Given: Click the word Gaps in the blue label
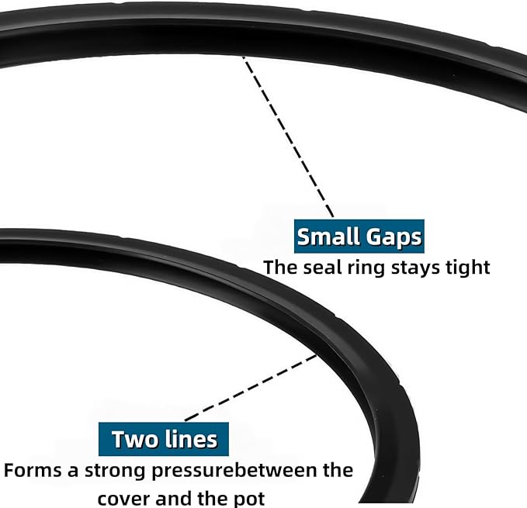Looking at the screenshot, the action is pos(394,238).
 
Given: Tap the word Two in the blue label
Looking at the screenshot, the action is pos(133,439).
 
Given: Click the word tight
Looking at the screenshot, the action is pos(468,268).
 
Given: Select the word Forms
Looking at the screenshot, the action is pos(33,470).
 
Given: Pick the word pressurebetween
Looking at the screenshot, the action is pos(234,471).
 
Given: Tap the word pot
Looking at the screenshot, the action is pos(249,499).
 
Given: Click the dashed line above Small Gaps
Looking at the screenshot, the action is pos(288,137).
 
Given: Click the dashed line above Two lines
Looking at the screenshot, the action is pos(251,388).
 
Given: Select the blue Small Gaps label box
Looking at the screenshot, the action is pos(359,237).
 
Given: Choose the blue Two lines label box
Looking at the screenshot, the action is pos(164,439).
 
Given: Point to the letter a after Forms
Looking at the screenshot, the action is pos(73,472).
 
